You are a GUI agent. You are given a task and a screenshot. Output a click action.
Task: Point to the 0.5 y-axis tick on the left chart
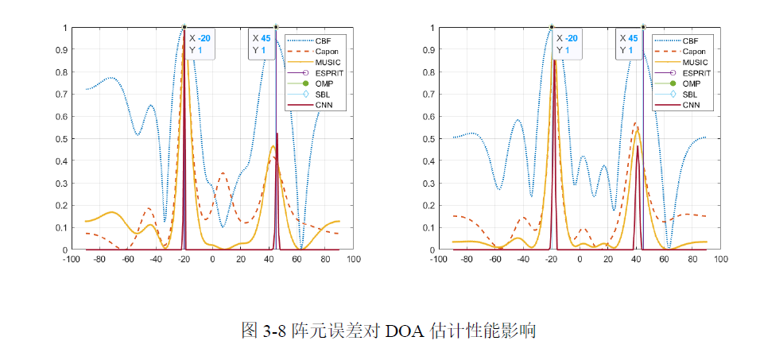[63, 139]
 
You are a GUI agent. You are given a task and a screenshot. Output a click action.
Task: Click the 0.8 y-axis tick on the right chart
[429, 72]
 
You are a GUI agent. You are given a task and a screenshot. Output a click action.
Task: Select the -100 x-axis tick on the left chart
[71, 260]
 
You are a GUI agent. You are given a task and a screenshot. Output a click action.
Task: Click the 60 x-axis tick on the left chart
[297, 260]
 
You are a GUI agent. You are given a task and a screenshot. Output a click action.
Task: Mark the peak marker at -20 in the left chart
[184, 27]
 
